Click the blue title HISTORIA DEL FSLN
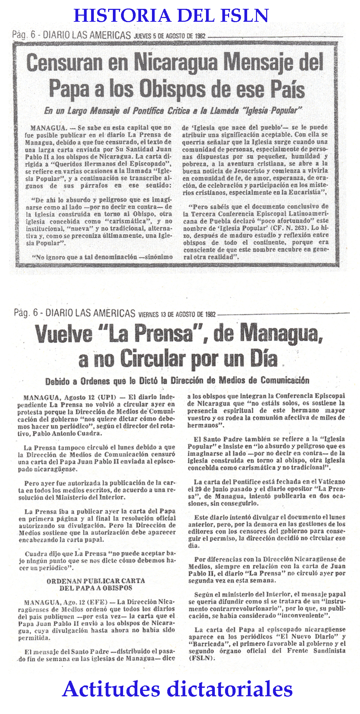point(171,16)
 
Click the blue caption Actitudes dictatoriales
point(177,690)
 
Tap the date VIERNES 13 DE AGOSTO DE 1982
point(177,314)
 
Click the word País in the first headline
point(286,89)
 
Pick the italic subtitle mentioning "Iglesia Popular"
point(173,111)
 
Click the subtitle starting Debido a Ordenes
point(177,380)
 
